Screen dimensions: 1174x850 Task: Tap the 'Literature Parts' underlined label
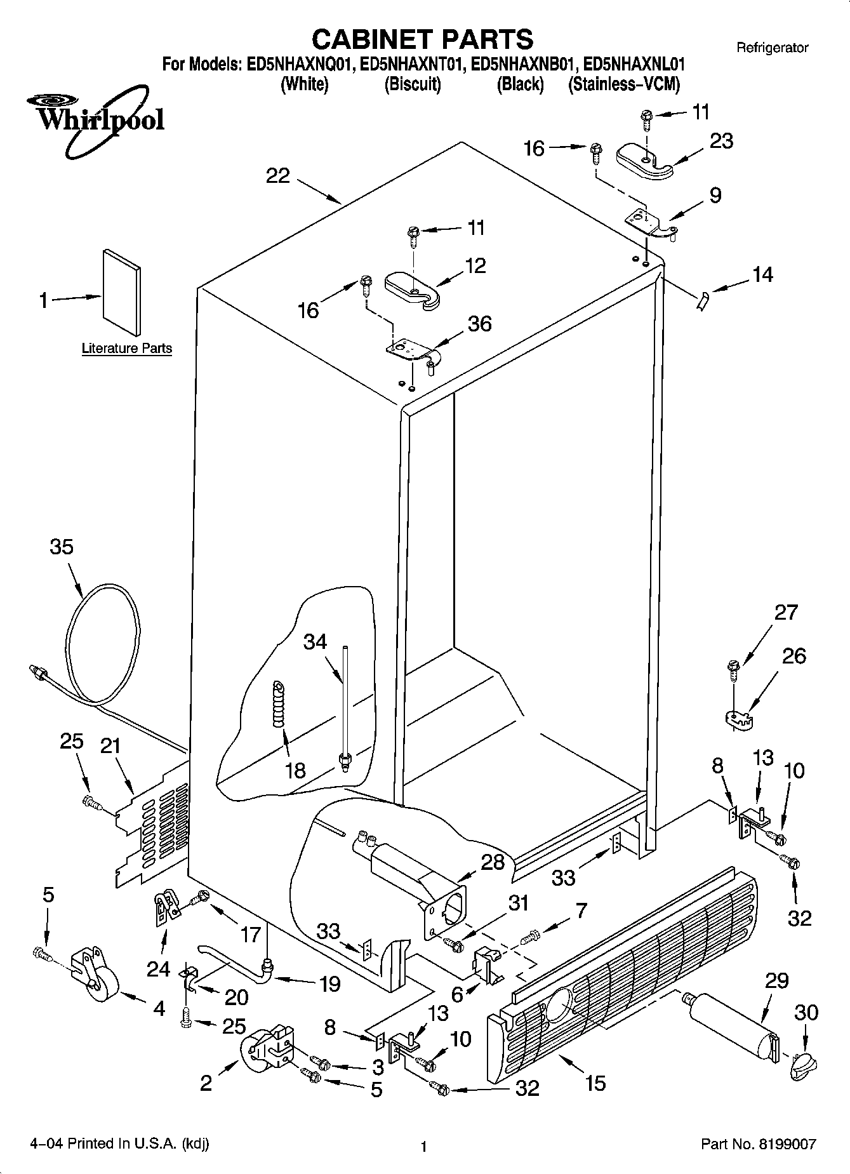click(127, 349)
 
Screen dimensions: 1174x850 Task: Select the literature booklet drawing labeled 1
click(121, 291)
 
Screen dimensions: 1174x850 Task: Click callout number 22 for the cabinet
click(278, 176)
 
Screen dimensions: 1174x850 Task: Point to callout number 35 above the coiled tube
click(62, 547)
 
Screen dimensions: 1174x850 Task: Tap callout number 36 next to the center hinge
click(479, 324)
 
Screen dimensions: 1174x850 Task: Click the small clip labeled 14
click(701, 300)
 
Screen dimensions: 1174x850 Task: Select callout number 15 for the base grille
click(595, 1082)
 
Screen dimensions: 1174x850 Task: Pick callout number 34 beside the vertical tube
click(315, 641)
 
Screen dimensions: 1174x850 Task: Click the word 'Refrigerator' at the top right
click(772, 48)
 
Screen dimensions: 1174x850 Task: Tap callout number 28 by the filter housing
click(493, 862)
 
